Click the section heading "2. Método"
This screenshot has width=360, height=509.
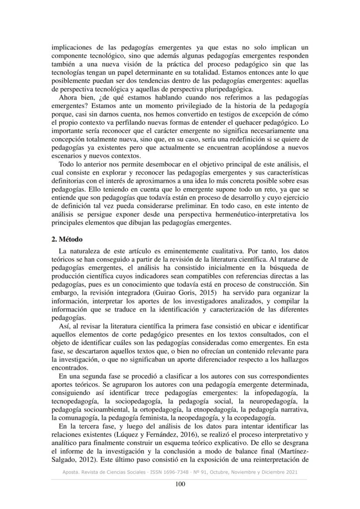point(67,239)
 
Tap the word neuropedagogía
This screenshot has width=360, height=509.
point(276,406)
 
